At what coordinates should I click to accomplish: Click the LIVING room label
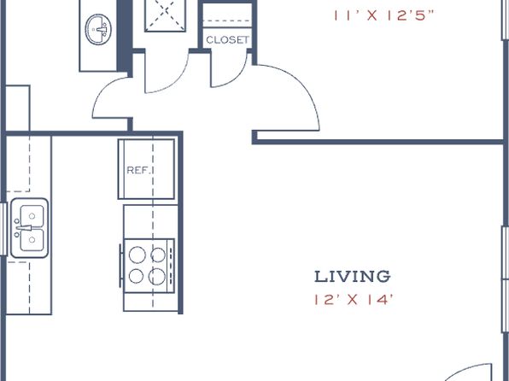352,277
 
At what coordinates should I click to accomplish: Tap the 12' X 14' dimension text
354,300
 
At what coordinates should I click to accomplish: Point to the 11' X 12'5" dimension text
383,15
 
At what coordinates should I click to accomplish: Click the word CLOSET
227,40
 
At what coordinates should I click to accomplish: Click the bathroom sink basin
98,29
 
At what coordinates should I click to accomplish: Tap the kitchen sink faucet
24,228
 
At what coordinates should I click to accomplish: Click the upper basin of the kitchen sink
32,215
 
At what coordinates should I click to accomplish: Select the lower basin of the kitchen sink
32,240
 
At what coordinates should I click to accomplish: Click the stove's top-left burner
137,255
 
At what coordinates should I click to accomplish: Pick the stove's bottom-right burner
157,277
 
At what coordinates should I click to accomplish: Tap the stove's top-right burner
158,255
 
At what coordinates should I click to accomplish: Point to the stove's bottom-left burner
136,277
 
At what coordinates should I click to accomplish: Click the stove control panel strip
171,266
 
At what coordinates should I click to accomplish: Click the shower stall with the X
166,15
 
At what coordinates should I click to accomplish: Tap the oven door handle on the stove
120,266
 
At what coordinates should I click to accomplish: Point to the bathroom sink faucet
102,30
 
